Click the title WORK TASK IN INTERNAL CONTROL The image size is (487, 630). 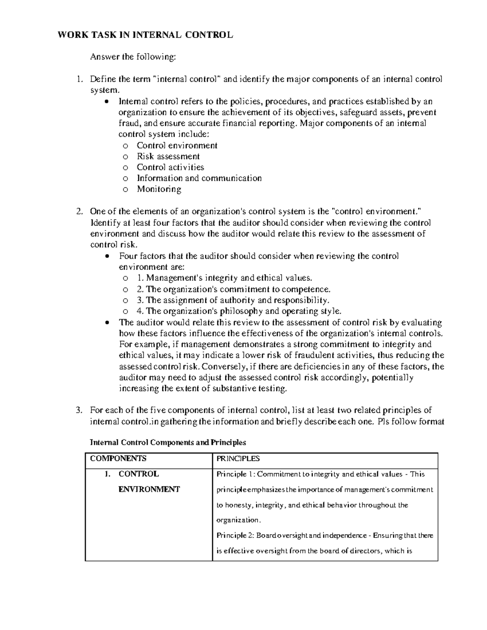tap(145, 35)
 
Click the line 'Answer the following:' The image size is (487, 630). tap(133, 57)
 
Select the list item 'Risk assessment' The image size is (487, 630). tap(168, 156)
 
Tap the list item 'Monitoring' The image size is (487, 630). tap(159, 189)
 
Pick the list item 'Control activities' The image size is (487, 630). tap(170, 167)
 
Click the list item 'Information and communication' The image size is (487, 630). tap(199, 178)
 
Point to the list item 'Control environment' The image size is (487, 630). tap(177, 145)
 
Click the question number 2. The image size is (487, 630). tap(79, 211)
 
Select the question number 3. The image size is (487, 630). tap(79, 410)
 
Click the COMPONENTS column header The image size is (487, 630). tap(118, 458)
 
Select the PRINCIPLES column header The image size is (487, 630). tap(238, 458)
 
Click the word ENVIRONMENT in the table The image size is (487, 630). tap(149, 489)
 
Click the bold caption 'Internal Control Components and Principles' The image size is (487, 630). tap(168, 442)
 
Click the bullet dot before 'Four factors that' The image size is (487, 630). tap(107, 256)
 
